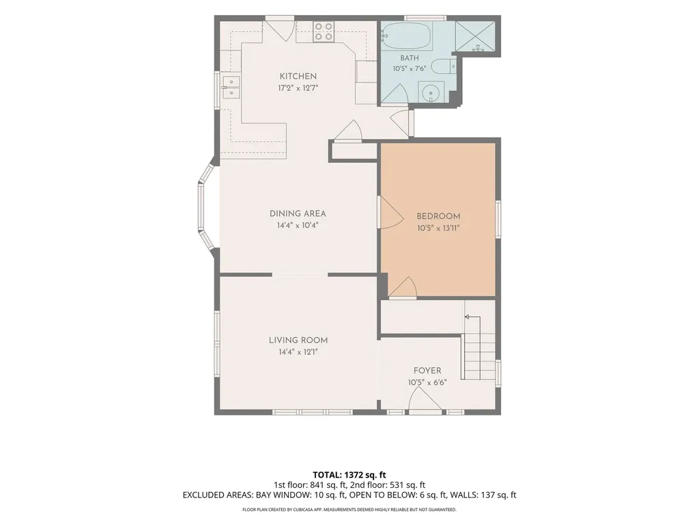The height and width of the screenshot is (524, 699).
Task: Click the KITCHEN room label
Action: click(298, 76)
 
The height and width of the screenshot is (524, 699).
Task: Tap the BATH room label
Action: click(410, 58)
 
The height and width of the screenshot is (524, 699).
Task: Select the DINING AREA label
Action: click(298, 214)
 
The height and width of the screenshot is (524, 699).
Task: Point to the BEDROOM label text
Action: click(438, 216)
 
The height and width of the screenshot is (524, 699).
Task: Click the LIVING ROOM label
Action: click(298, 340)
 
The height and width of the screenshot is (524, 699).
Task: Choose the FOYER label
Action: click(427, 370)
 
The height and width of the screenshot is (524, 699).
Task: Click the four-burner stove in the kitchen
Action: click(324, 31)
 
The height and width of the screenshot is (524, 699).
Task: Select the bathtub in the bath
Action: click(407, 36)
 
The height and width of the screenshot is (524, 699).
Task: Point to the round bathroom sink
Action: click(431, 93)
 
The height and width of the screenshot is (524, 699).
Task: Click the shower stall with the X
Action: click(475, 37)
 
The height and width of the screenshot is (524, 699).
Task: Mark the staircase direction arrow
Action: click(472, 317)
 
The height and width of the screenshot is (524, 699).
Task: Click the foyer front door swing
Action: click(425, 398)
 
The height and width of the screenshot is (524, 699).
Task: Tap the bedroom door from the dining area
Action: click(390, 213)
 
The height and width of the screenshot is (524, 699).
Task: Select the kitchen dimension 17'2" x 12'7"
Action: click(298, 88)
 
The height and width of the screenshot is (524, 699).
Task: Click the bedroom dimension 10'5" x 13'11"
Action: click(438, 228)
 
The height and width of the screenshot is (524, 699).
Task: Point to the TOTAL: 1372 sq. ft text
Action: click(349, 475)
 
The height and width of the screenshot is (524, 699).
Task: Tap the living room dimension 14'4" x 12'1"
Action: click(298, 352)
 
